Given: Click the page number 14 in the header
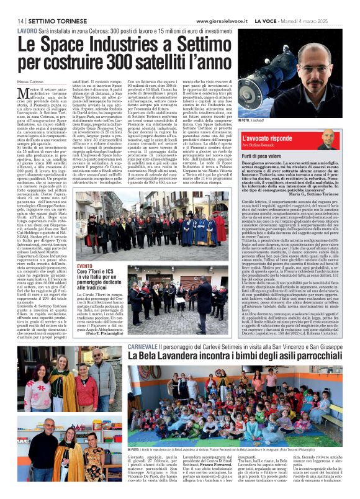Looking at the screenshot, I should (x=21, y=20).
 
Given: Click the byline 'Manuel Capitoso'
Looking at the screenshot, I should (x=31, y=82).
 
